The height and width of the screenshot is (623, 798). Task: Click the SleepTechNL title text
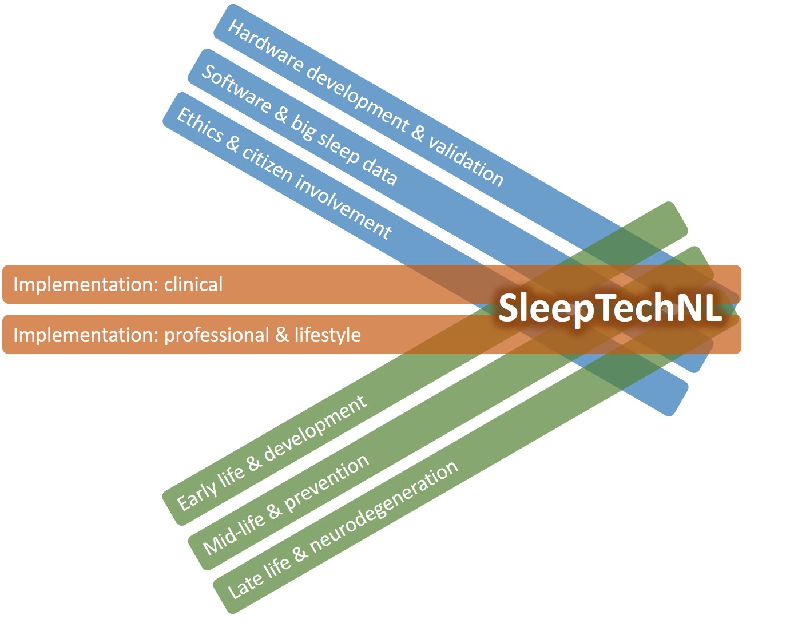tap(610, 308)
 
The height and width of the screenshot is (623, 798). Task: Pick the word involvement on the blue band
tap(343, 204)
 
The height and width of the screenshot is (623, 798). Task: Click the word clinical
tap(193, 284)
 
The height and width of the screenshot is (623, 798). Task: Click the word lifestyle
tap(327, 334)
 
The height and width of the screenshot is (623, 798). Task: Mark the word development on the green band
tap(315, 427)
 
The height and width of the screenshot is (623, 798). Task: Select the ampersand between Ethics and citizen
tap(232, 142)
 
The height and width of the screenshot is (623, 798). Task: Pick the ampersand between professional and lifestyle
tap(281, 334)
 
